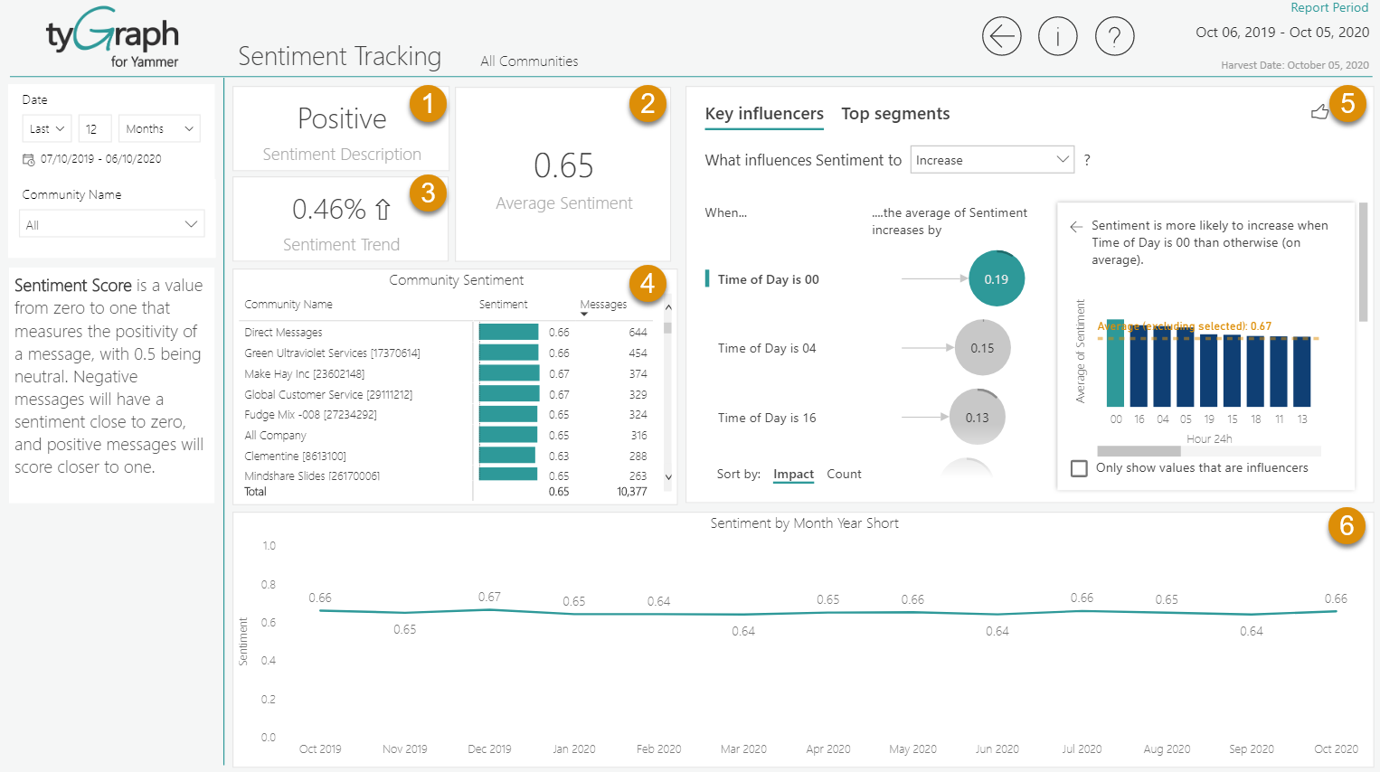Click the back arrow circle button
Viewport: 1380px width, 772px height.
coord(1001,37)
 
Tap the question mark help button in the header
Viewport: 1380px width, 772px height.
coord(1114,37)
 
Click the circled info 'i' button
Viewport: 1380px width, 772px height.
coord(1057,37)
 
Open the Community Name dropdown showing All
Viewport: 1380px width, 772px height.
coord(111,224)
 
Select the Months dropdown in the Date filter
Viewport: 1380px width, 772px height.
coord(159,129)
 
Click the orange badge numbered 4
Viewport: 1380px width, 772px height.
coord(647,284)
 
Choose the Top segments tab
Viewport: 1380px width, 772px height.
coord(895,114)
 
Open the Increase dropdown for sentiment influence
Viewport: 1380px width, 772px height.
coord(991,160)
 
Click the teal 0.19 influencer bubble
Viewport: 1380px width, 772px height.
coord(996,279)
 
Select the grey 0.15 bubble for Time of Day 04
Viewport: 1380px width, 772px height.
coord(982,348)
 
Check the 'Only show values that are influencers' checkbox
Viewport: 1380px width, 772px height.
coord(1079,468)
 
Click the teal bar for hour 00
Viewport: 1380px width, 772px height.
coord(1116,363)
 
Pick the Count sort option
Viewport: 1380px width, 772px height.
coord(844,475)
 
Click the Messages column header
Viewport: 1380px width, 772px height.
coord(603,305)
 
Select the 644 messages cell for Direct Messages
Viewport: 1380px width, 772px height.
coord(638,333)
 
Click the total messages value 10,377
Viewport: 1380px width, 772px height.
coord(631,492)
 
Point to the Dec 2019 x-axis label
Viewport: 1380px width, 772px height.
coord(489,749)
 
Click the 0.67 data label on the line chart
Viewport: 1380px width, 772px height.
coord(489,597)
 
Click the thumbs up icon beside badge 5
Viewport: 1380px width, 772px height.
coord(1319,112)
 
